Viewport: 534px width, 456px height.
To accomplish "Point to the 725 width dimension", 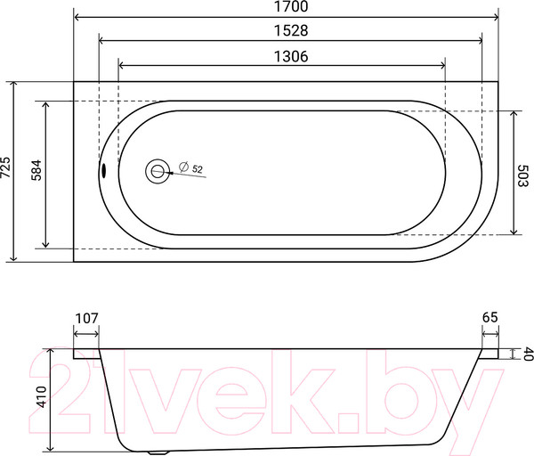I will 6,170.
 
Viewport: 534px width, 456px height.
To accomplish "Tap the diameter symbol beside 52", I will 182,167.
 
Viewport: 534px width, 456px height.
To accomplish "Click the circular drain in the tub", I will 158,171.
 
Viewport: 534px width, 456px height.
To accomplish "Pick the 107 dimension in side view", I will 86,318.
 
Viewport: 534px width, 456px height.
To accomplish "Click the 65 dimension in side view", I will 489,318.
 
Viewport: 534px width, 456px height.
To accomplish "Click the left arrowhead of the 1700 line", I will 77,18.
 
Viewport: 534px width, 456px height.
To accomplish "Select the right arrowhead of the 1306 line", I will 442,66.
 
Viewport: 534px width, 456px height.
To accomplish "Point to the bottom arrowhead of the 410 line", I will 52,446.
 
